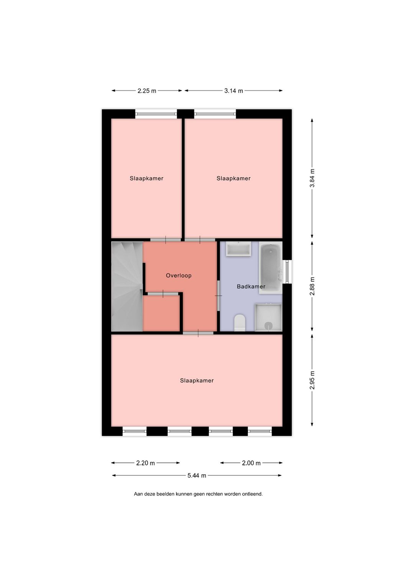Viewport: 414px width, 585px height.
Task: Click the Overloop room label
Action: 179,275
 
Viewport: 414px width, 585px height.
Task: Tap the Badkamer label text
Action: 251,286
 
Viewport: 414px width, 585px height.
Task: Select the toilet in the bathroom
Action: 240,322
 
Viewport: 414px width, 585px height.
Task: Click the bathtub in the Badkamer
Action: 271,268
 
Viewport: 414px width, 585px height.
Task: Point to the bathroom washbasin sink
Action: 238,249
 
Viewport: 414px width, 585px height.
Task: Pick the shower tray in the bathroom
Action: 269,317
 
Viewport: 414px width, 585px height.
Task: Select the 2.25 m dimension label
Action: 147,91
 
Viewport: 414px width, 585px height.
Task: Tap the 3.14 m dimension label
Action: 233,91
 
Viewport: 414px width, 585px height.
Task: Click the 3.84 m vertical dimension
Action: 312,178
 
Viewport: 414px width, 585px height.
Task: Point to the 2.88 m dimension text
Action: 312,286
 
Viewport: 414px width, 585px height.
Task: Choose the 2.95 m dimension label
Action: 312,380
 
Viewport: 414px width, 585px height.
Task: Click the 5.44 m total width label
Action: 197,475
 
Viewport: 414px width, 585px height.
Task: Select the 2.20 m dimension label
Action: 146,463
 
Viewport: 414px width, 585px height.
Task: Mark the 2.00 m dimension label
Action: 251,463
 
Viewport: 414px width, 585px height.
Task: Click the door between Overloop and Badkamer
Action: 219,296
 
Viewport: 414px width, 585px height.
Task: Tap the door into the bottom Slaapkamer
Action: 198,333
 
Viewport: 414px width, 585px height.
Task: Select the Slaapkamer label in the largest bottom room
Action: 197,381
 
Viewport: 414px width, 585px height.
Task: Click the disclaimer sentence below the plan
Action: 198,494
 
